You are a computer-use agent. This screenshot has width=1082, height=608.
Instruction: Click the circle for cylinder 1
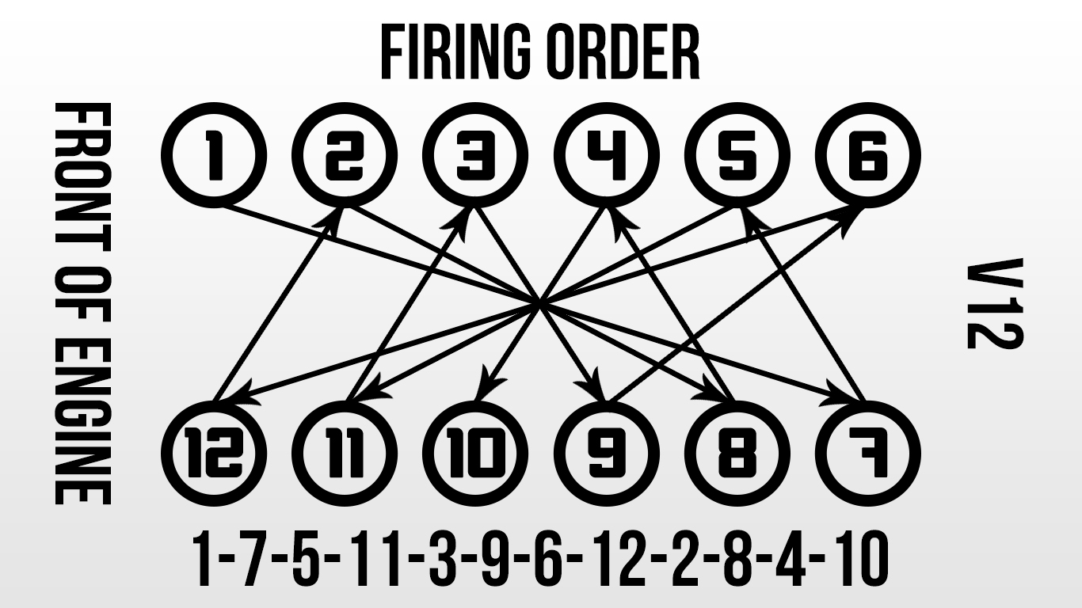pyautogui.click(x=214, y=155)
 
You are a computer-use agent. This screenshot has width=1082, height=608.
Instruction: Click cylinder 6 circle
pyautogui.click(x=868, y=155)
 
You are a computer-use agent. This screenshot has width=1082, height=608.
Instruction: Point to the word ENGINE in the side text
pyautogui.click(x=82, y=420)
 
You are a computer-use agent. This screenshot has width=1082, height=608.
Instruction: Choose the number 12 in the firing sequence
pyautogui.click(x=623, y=560)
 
